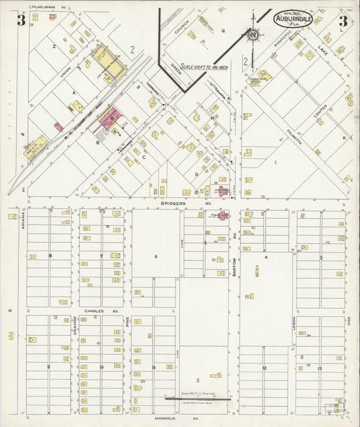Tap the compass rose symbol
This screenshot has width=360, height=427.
(x=253, y=34)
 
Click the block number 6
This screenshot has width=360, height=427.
(x=155, y=256)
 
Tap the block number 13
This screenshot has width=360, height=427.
(x=319, y=368)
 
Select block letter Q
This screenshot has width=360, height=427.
(x=222, y=31)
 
